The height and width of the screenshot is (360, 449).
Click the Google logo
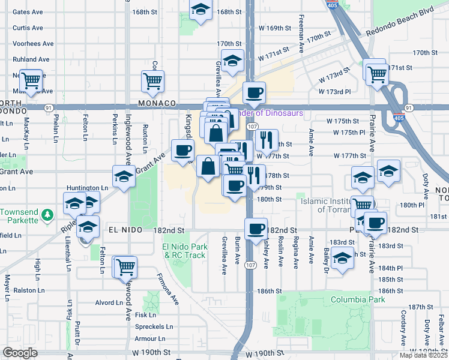[20, 353]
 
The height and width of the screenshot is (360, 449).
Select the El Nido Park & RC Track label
[185, 251]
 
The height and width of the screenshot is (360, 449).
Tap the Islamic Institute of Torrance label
[329, 205]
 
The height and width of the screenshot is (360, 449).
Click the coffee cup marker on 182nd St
[256, 228]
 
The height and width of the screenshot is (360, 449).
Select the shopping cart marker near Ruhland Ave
[31, 79]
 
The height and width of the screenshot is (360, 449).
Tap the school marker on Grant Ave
[124, 176]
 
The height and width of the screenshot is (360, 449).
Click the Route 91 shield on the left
[47, 107]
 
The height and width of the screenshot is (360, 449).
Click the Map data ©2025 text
[424, 355]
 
